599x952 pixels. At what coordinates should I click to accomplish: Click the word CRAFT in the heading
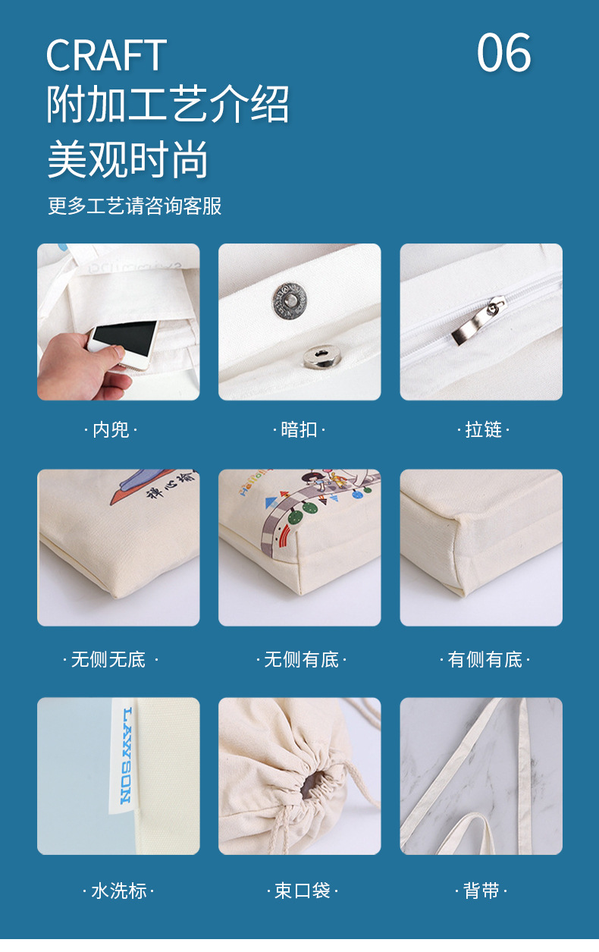pos(106,55)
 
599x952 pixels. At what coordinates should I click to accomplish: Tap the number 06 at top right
pos(503,53)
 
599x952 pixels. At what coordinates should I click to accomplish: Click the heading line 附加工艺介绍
pos(168,105)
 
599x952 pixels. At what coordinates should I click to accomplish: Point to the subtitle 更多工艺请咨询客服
pos(135,206)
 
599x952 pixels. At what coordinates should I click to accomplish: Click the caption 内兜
pos(111,430)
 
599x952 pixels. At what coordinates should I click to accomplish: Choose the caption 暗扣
pos(299,430)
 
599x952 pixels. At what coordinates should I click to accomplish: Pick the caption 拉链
pos(483,430)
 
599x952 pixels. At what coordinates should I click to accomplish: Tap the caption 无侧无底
pos(108,660)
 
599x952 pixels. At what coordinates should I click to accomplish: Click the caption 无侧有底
pos(301,660)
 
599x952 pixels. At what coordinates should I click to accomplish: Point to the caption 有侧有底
pos(485,660)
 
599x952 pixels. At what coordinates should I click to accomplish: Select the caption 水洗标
pos(118,891)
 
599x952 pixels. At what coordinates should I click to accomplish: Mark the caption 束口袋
pos(302,891)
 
